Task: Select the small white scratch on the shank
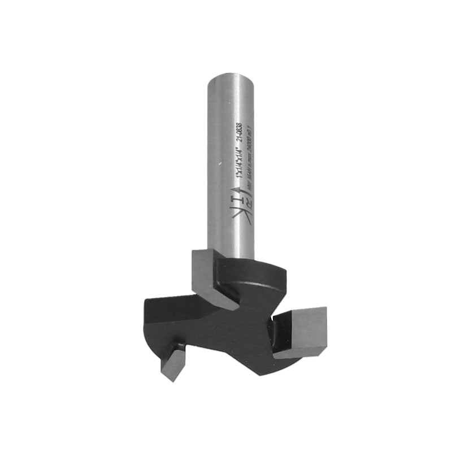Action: click(x=216, y=164)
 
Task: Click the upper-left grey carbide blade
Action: click(x=211, y=277)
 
